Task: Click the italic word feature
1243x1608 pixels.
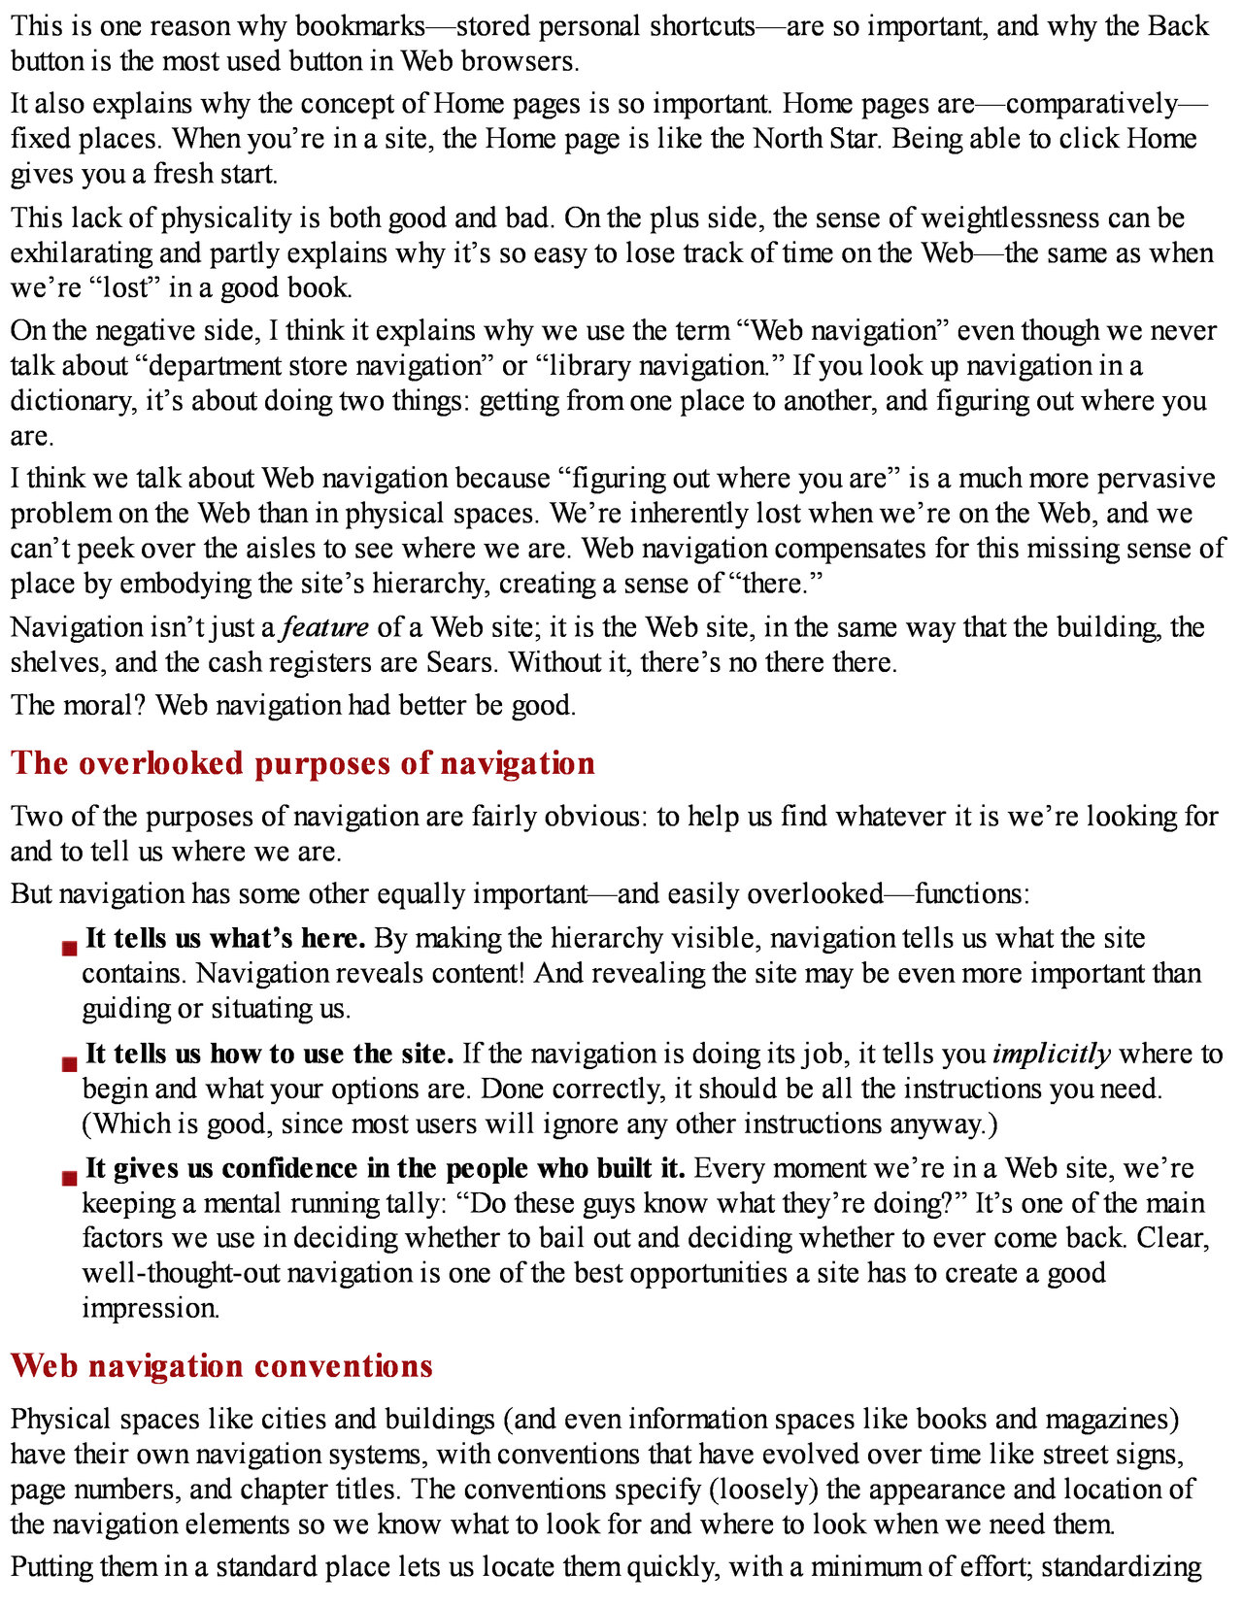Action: pos(325,627)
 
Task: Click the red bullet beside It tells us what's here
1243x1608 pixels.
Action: pos(69,949)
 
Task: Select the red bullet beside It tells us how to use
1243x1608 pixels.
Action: pos(69,1064)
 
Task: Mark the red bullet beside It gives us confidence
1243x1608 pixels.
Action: pos(69,1179)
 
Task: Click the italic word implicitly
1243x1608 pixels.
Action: pos(1052,1054)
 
